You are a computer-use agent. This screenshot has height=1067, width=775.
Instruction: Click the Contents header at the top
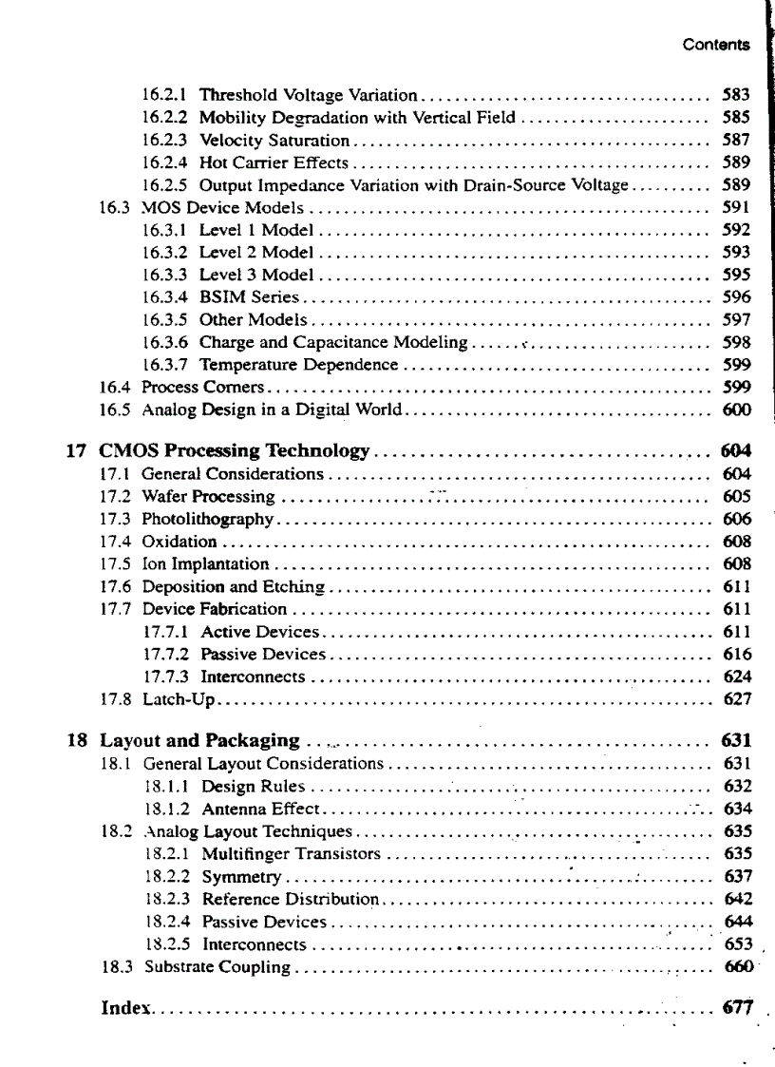pyautogui.click(x=715, y=45)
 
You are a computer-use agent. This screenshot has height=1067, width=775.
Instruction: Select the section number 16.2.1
pyautogui.click(x=164, y=95)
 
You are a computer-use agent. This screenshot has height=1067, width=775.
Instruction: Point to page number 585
pyautogui.click(x=736, y=118)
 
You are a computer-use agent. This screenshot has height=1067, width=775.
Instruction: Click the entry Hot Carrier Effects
pyautogui.click(x=274, y=162)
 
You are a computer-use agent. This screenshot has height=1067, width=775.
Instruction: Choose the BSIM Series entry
pyautogui.click(x=249, y=297)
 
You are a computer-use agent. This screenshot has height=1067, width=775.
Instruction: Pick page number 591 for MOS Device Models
pyautogui.click(x=736, y=207)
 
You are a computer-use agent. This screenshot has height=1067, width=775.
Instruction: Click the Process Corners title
pyautogui.click(x=204, y=388)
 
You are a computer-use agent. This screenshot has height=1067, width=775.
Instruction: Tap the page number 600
pyautogui.click(x=736, y=410)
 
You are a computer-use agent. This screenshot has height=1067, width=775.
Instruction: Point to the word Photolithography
pyautogui.click(x=208, y=519)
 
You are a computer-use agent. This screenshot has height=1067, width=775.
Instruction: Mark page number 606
pyautogui.click(x=736, y=519)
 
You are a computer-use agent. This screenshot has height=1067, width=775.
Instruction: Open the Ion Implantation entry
pyautogui.click(x=205, y=564)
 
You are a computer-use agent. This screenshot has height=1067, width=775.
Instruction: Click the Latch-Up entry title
pyautogui.click(x=180, y=700)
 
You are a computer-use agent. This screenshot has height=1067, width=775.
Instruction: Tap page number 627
pyautogui.click(x=736, y=700)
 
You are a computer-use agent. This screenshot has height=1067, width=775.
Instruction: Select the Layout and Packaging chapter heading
pyautogui.click(x=200, y=741)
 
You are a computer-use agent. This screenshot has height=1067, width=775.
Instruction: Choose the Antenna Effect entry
pyautogui.click(x=263, y=810)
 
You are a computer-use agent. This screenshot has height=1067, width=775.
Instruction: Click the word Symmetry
pyautogui.click(x=242, y=877)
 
